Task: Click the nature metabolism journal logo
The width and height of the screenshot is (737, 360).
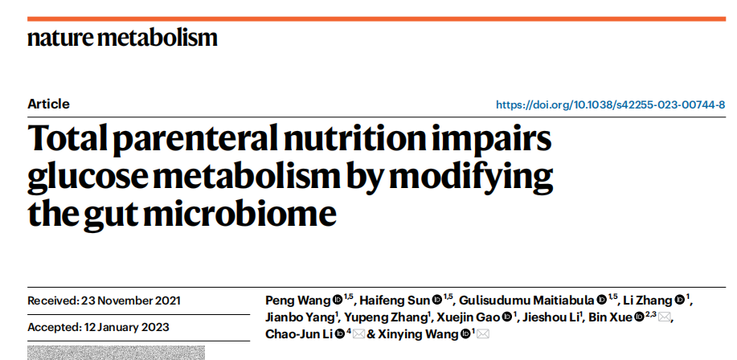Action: coord(122,38)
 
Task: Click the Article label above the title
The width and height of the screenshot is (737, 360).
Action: coord(48,104)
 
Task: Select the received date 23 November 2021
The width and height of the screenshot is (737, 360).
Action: coord(131,301)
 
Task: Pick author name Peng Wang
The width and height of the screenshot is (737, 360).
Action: coord(297,301)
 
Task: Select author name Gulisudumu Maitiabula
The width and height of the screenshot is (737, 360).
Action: coord(526,301)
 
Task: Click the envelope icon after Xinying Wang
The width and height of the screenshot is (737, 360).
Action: coord(482,333)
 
